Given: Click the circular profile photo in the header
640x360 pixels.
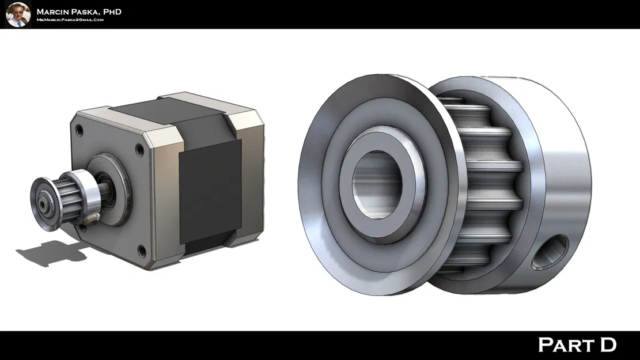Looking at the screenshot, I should (18, 14).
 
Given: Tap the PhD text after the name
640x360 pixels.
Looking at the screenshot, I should (111, 12).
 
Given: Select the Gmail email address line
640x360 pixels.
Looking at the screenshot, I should (70, 20).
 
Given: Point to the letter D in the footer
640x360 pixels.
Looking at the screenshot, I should (607, 345).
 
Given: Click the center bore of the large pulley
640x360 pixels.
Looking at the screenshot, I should (377, 184).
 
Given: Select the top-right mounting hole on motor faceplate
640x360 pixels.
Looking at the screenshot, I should (139, 151).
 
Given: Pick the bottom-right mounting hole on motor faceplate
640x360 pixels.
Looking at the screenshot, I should (141, 249).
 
